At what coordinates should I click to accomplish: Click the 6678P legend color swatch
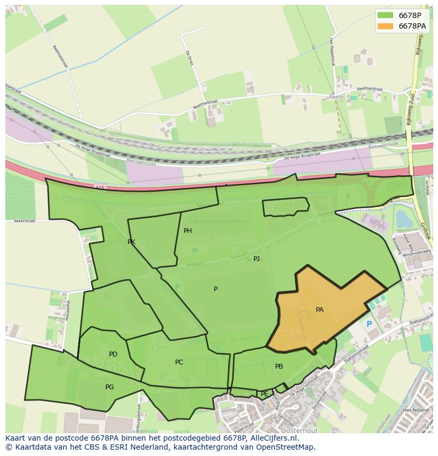(386, 15)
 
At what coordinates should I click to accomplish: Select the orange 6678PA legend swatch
(386, 26)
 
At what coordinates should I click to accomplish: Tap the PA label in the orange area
(320, 310)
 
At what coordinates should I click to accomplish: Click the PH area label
(188, 231)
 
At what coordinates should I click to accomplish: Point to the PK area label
(131, 242)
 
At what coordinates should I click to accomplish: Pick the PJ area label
(257, 259)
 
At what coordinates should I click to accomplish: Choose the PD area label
(113, 354)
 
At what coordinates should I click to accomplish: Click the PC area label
(179, 362)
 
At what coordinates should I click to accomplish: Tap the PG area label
(109, 387)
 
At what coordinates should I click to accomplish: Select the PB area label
(279, 366)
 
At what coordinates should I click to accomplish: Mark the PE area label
(264, 394)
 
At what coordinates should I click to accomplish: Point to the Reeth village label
(336, 97)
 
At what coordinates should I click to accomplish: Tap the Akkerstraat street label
(24, 221)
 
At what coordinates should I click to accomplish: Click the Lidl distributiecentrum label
(218, 222)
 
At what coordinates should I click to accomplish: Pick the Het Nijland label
(414, 410)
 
